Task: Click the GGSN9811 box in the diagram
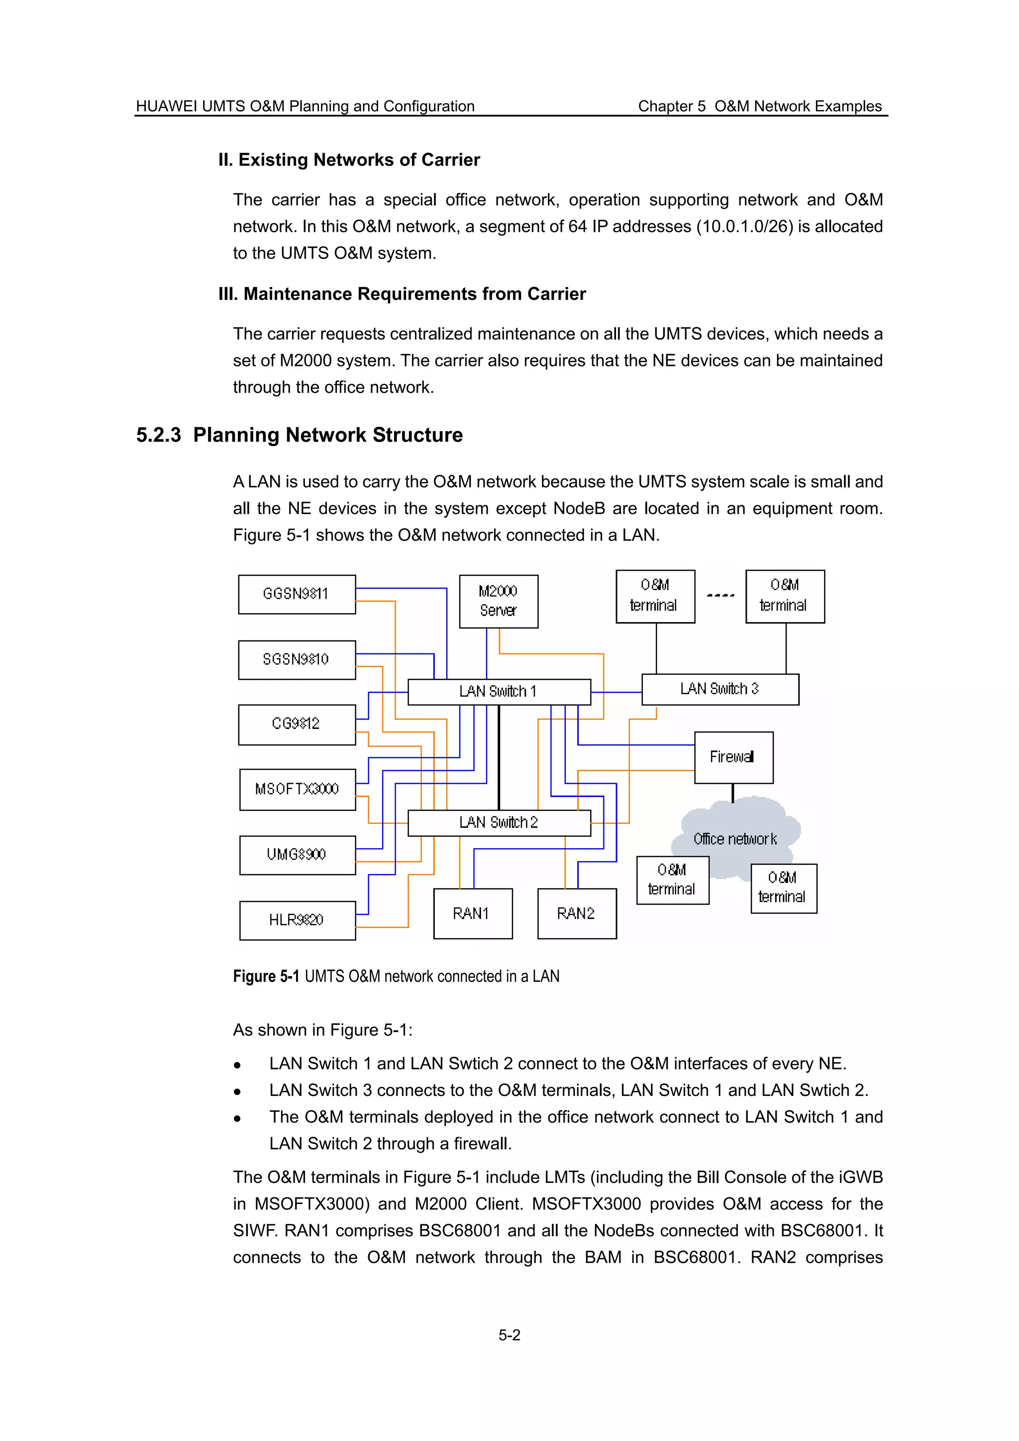point(297,594)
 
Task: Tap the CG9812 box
point(297,724)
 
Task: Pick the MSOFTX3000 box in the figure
point(297,789)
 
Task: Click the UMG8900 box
point(297,855)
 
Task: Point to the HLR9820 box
point(297,920)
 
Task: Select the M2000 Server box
point(499,601)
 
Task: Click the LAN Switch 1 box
point(499,692)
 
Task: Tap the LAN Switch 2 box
point(499,822)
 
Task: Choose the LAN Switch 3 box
point(719,689)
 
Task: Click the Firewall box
point(733,757)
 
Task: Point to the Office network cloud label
point(734,839)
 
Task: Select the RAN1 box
point(472,913)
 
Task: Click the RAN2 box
point(576,913)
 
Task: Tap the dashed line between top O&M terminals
point(720,595)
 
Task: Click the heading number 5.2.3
point(158,435)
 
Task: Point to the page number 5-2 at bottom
point(509,1335)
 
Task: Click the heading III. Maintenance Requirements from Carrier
point(402,294)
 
